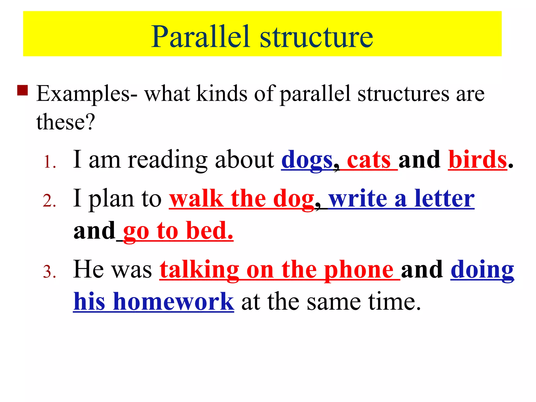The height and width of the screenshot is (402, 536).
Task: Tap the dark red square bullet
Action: click(x=23, y=90)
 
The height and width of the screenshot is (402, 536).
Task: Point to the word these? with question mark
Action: click(x=65, y=122)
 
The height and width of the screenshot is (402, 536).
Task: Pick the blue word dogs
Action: click(x=307, y=160)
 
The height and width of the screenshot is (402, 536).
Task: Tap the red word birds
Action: click(x=478, y=160)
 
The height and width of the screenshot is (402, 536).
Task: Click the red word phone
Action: click(x=359, y=270)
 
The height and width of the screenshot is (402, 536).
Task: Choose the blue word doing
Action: click(x=482, y=270)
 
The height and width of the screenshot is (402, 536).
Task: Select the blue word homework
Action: click(x=173, y=301)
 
